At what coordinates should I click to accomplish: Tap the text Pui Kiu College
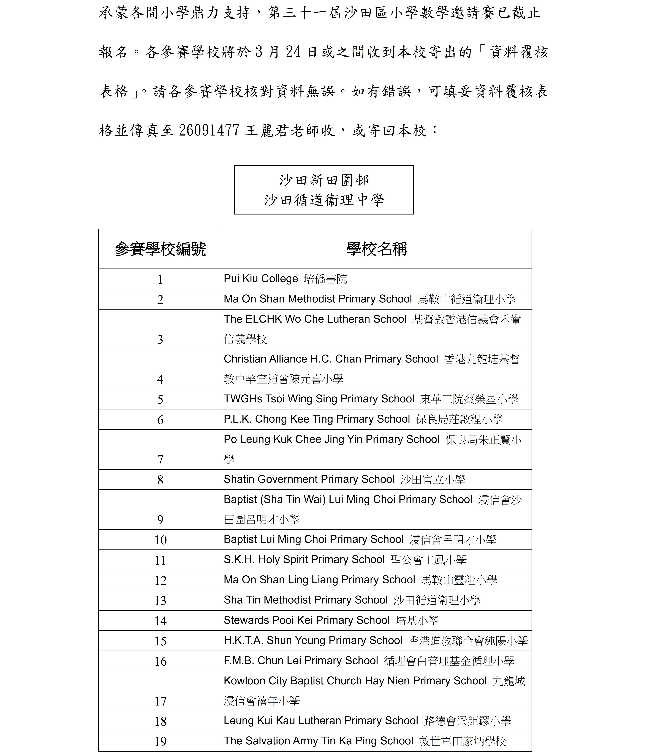pyautogui.click(x=261, y=279)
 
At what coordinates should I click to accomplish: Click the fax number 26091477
pyautogui.click(x=209, y=130)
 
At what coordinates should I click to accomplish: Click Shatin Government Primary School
pyautogui.click(x=309, y=479)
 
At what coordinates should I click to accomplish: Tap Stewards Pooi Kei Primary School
pyautogui.click(x=306, y=620)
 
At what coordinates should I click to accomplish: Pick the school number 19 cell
pyautogui.click(x=160, y=741)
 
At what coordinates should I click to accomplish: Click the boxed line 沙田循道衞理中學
pyautogui.click(x=324, y=200)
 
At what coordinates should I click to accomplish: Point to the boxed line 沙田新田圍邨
pyautogui.click(x=324, y=180)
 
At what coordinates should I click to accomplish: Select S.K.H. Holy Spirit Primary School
pyautogui.click(x=304, y=560)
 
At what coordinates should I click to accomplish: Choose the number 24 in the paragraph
pyautogui.click(x=293, y=52)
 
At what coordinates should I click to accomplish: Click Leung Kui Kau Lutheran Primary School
pyautogui.click(x=321, y=721)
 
